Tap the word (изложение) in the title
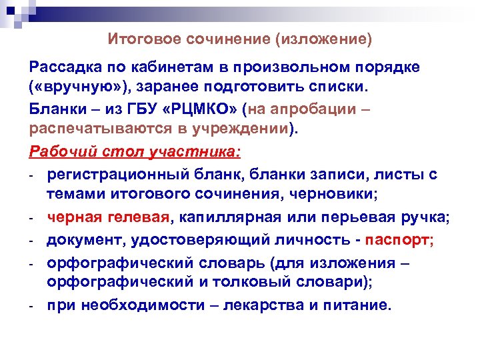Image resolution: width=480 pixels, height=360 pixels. (323, 39)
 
